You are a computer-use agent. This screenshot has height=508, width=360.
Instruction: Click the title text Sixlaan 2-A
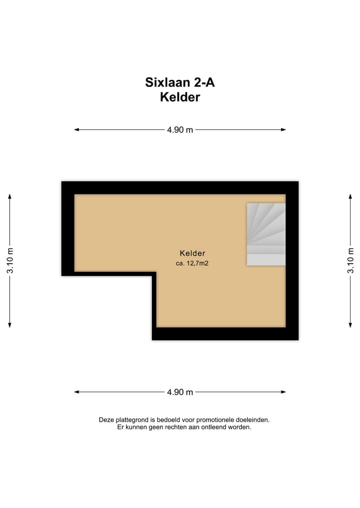click(180, 82)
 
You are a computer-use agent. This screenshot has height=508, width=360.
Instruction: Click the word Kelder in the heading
click(180, 97)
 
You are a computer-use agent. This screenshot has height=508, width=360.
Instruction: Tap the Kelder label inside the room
click(192, 253)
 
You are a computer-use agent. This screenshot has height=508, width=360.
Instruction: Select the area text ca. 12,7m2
click(192, 263)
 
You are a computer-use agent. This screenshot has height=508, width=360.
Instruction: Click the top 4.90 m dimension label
click(180, 130)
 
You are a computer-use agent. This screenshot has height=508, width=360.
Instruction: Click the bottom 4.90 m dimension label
click(180, 392)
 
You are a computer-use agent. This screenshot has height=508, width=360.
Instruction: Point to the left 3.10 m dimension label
click(10, 260)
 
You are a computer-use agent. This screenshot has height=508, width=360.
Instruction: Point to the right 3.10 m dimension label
click(350, 260)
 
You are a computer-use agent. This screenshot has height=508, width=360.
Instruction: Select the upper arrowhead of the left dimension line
click(10, 196)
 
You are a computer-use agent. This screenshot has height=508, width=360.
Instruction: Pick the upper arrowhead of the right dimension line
click(350, 196)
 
